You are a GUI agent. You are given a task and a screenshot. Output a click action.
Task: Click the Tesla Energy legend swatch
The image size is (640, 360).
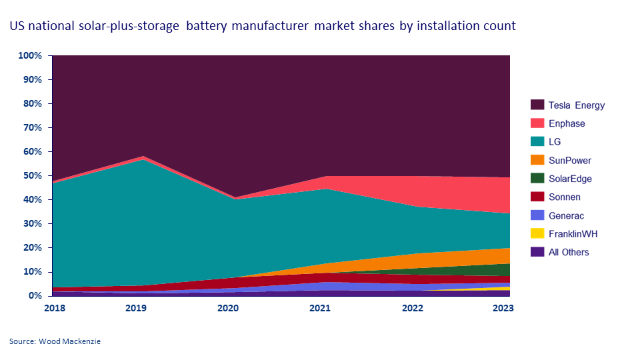click(536, 105)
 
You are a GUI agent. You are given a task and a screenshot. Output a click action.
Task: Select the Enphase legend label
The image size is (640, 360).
click(566, 123)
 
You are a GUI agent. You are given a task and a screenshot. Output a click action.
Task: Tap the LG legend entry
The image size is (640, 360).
click(555, 142)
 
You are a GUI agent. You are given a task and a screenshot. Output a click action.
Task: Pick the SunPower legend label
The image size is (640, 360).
click(569, 161)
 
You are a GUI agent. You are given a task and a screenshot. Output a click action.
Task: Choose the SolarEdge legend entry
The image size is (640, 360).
click(570, 179)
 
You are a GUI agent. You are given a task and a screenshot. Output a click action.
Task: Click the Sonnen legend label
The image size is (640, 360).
click(564, 197)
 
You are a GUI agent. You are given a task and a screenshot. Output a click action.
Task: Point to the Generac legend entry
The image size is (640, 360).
click(566, 215)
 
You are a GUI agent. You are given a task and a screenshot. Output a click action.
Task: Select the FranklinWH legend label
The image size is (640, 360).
click(573, 234)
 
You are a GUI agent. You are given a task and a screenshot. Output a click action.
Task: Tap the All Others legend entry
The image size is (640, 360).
click(569, 252)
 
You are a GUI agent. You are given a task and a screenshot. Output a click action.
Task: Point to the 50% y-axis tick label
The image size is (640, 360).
click(33, 176)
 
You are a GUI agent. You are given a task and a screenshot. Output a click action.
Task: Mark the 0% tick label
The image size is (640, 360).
click(35, 296)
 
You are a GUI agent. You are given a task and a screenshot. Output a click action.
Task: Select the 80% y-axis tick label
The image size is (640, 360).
click(33, 104)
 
